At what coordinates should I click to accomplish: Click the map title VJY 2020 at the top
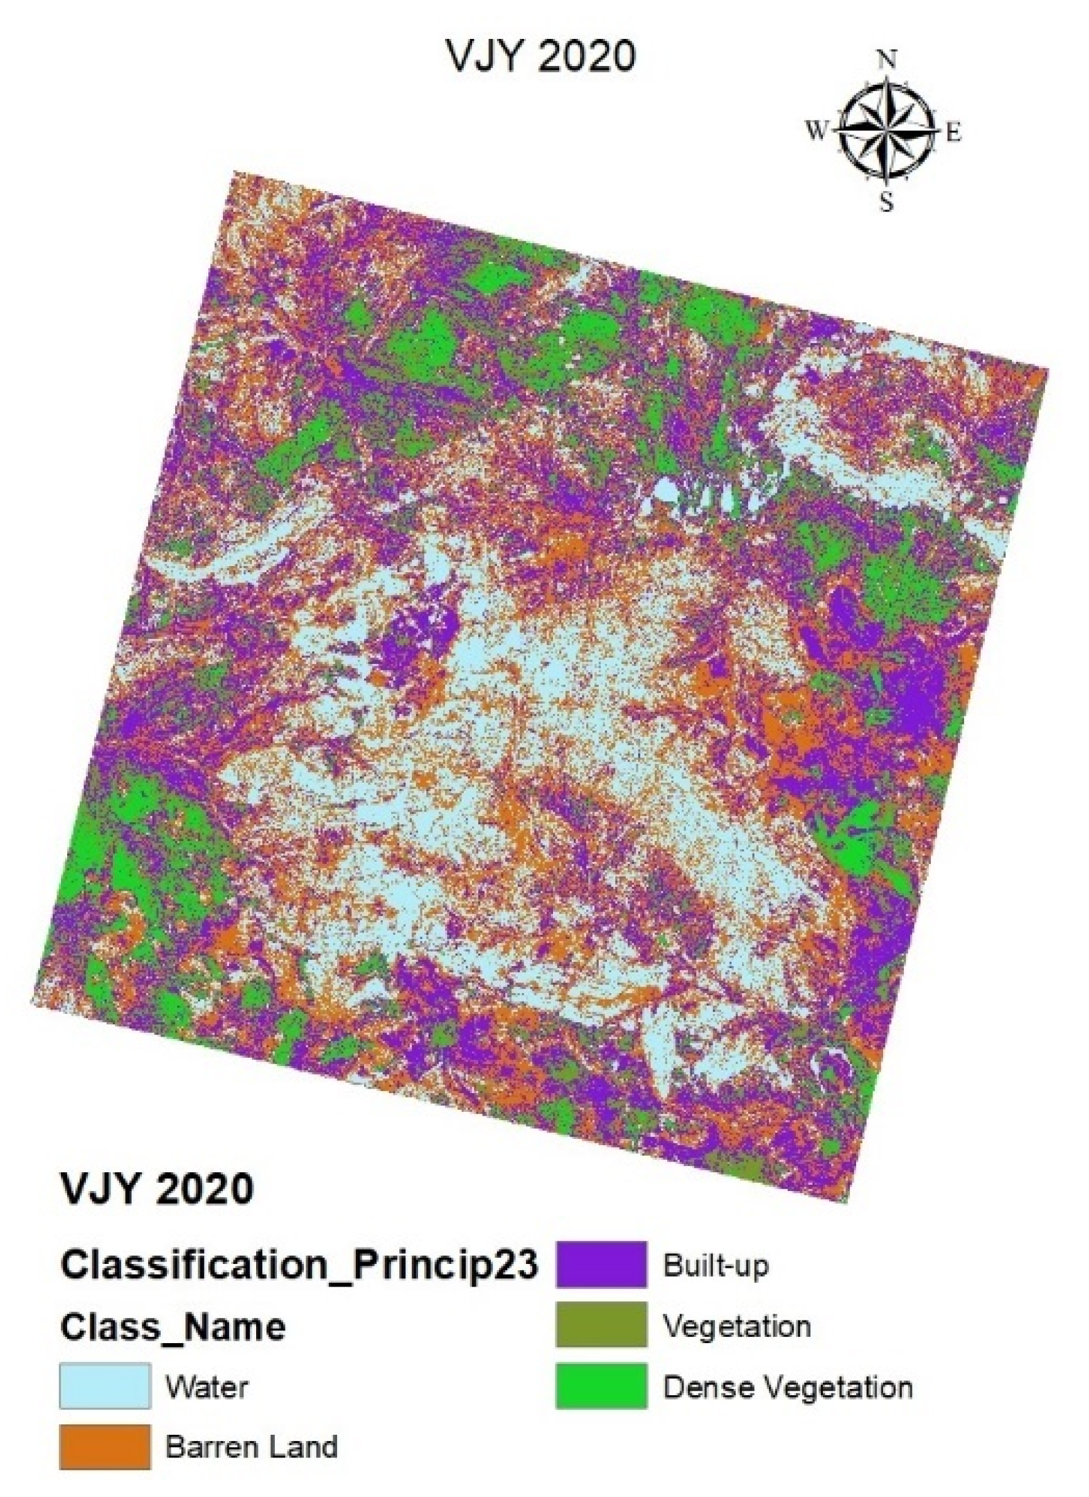541,57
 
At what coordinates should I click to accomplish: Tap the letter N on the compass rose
888,61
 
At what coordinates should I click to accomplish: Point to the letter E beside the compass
954,133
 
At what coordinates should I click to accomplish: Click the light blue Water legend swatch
105,1385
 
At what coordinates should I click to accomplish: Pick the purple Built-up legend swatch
601,1265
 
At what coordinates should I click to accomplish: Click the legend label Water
207,1387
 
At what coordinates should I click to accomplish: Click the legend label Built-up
716,1265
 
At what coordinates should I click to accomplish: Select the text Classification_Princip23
299,1265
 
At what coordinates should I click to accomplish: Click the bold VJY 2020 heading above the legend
157,1189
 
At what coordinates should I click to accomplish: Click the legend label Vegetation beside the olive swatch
737,1326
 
